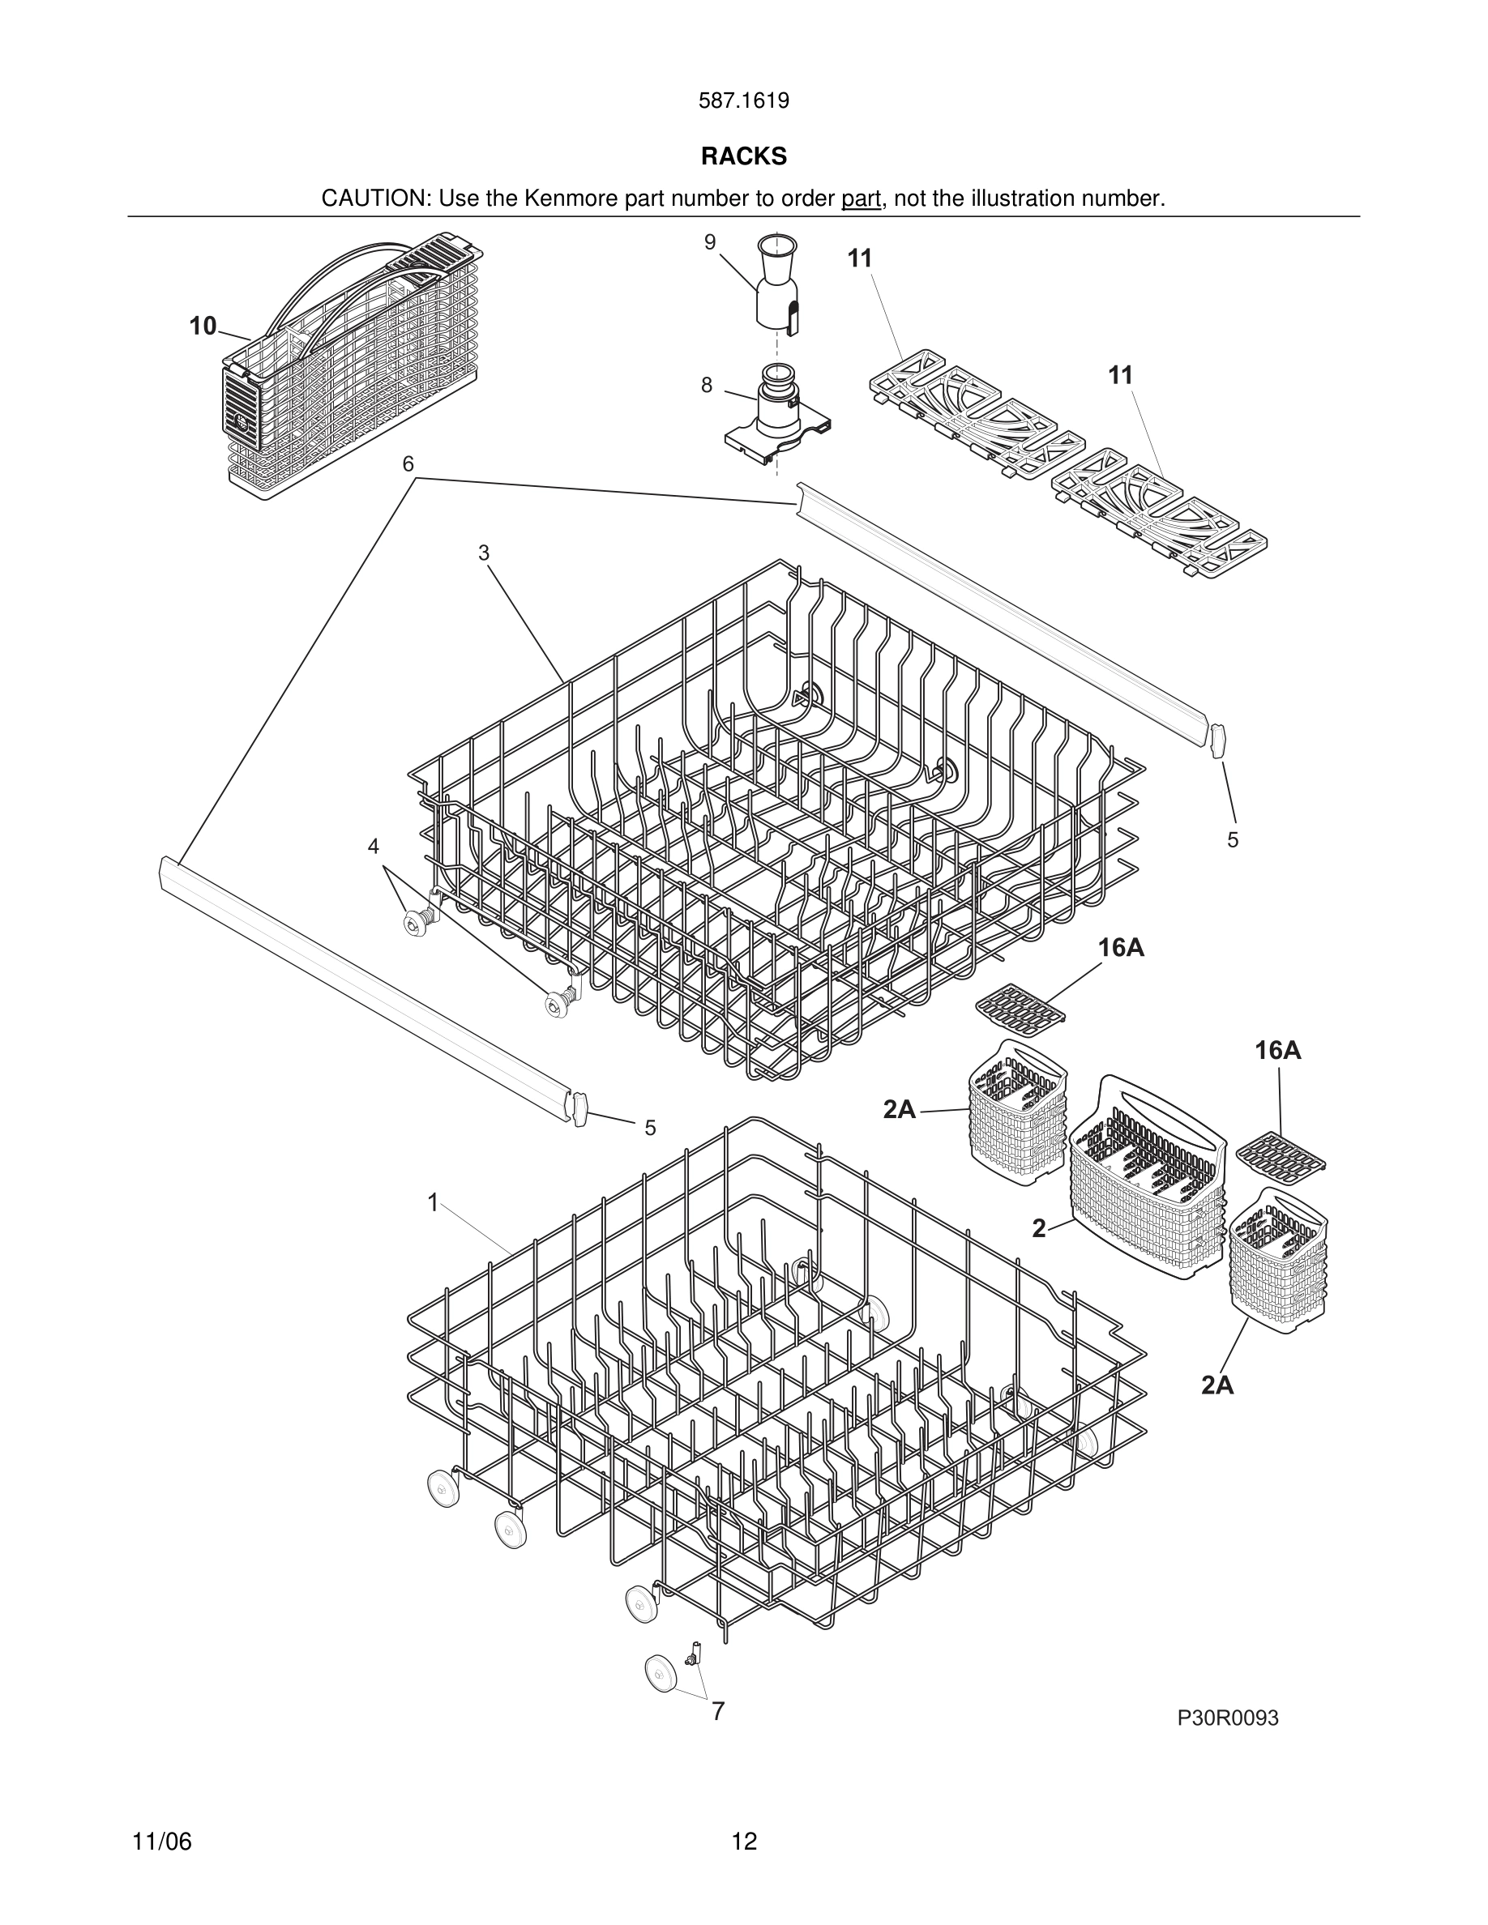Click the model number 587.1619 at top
click(743, 101)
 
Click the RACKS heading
click(743, 156)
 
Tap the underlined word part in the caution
click(861, 199)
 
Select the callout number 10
click(203, 327)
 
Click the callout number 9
click(710, 242)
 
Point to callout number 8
click(707, 385)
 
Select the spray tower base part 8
click(776, 414)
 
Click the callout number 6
click(408, 464)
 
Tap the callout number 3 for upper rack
click(483, 553)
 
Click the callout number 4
click(374, 846)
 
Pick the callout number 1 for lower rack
click(433, 1202)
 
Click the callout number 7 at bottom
click(717, 1712)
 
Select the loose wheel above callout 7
click(661, 1672)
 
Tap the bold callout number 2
click(1039, 1229)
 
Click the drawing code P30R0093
click(1227, 1718)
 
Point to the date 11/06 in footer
click(162, 1842)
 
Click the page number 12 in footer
click(743, 1842)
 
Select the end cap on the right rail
click(1218, 741)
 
